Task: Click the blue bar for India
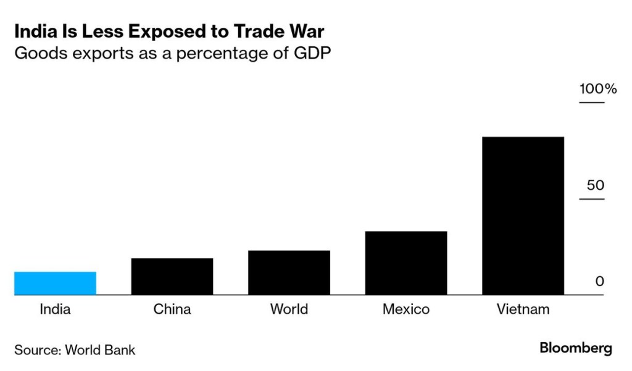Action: tap(55, 283)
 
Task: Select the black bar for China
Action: tap(172, 277)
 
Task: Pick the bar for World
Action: tap(289, 273)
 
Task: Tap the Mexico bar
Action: tap(406, 263)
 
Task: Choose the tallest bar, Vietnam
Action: tap(523, 216)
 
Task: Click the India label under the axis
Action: tap(55, 309)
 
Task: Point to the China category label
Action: tap(172, 309)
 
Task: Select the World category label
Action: tap(289, 309)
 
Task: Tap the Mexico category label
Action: tap(406, 309)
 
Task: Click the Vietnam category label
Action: tap(523, 309)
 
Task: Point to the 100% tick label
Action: tap(597, 89)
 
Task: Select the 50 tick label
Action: tap(595, 185)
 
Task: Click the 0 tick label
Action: tap(599, 282)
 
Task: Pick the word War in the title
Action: tap(315, 31)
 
